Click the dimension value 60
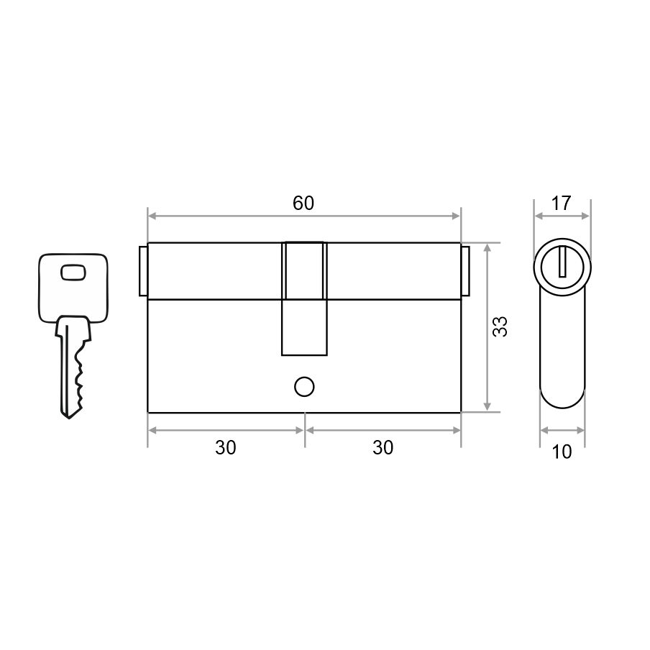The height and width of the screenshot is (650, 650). tap(303, 203)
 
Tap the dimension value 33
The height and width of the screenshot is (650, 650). tap(500, 326)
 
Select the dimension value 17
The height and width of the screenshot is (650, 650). tap(562, 203)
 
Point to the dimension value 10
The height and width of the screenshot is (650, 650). tap(562, 452)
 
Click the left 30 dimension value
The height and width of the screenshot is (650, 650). tap(226, 448)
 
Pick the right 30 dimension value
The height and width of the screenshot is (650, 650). tap(383, 448)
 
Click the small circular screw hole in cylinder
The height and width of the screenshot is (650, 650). tap(304, 387)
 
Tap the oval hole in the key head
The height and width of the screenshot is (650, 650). tap(73, 273)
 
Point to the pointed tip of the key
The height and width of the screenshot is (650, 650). tap(69, 418)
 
